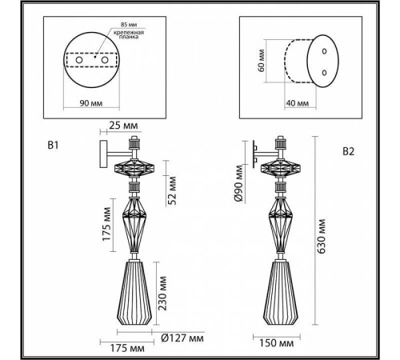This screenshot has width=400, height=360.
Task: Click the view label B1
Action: pos(54,146)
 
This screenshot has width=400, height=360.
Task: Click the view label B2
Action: pos(349,150)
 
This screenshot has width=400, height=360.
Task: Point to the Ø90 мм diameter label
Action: pos(238,184)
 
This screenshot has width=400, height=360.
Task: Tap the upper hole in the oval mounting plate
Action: pos(324,50)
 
